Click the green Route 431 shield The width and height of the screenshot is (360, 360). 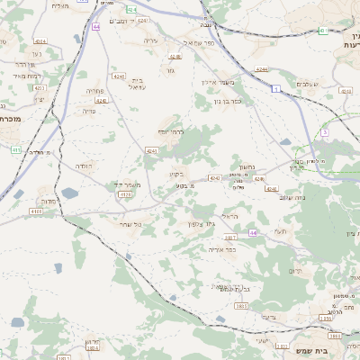[x=322, y=31]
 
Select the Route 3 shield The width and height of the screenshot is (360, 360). [x=324, y=132]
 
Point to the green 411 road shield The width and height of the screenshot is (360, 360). [x=15, y=149]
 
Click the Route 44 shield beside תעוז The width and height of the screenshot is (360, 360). [x=253, y=233]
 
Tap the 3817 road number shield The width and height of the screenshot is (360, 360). [x=230, y=238]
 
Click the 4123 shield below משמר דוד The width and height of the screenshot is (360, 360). [x=125, y=194]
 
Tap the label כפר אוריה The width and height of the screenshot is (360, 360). [x=222, y=249]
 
